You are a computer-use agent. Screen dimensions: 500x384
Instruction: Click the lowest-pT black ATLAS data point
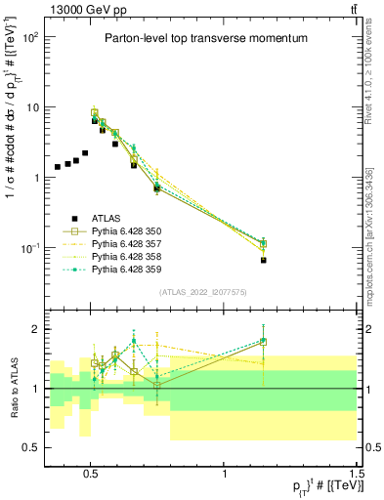58,167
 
